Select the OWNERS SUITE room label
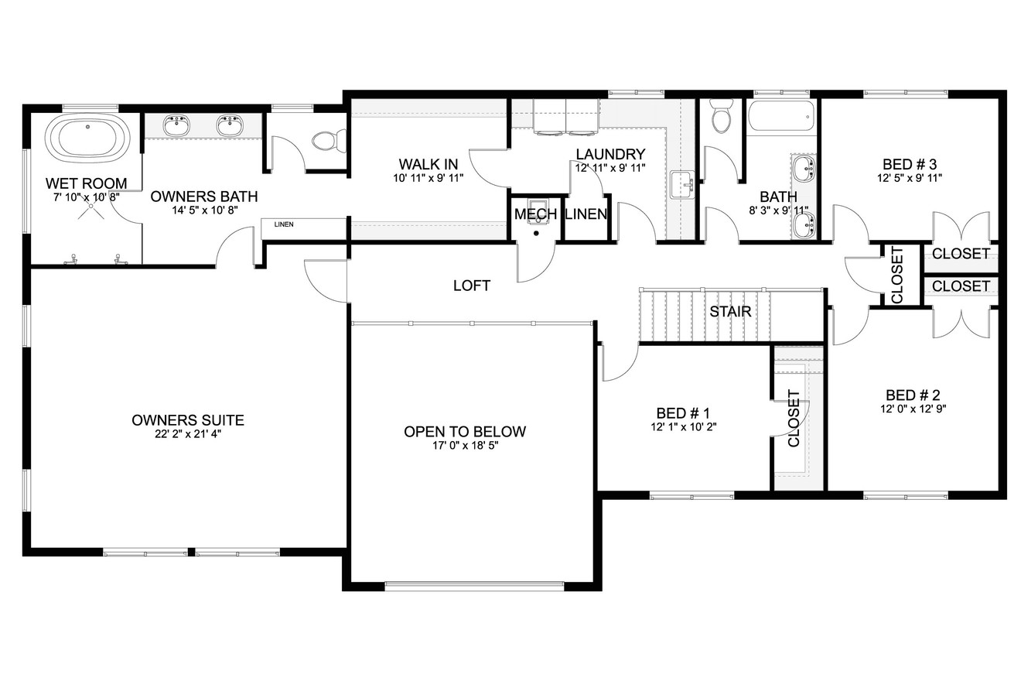(x=188, y=420)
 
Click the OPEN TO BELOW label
(x=465, y=432)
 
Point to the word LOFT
(x=472, y=286)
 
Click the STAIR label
(x=731, y=312)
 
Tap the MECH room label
(x=535, y=214)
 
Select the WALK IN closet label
(x=429, y=164)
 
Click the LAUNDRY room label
(x=610, y=154)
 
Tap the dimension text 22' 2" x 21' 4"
(x=188, y=434)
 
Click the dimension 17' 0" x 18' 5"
(x=465, y=446)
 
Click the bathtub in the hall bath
(x=781, y=117)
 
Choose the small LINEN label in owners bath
(x=284, y=224)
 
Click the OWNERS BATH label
(x=204, y=197)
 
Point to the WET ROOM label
(x=86, y=183)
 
